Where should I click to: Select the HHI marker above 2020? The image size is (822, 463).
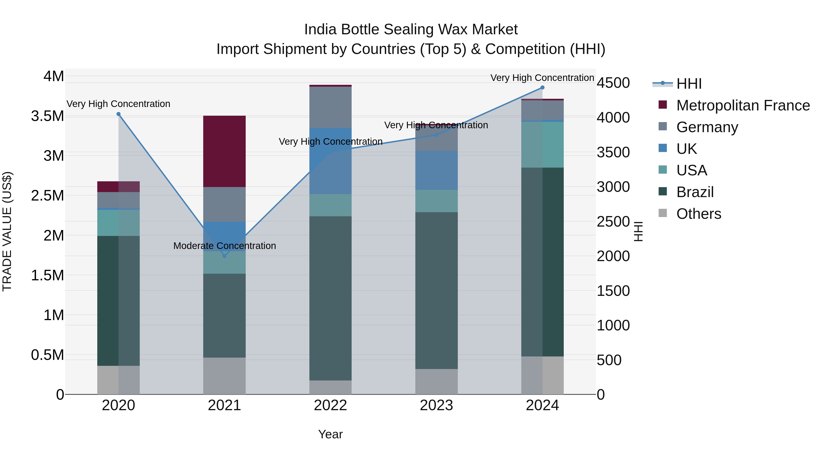(118, 114)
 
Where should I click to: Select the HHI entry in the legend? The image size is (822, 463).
(689, 84)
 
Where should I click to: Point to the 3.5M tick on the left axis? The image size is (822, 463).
(47, 116)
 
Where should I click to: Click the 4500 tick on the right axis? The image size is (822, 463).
(613, 83)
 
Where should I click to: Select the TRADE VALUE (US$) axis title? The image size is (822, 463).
(7, 231)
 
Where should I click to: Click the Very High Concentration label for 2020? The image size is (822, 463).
(118, 104)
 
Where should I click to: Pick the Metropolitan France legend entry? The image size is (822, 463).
(743, 105)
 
